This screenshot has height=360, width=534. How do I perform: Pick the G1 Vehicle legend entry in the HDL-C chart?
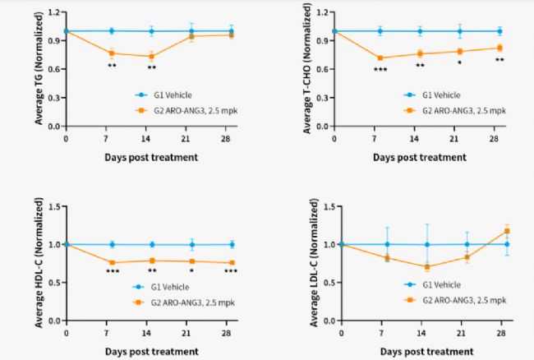(173, 287)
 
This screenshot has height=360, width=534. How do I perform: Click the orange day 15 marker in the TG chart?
(151, 57)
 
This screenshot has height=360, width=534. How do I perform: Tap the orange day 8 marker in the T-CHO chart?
(380, 58)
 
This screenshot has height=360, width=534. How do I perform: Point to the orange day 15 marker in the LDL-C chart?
(426, 266)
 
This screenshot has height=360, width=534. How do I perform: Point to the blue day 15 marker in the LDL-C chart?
(426, 244)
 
